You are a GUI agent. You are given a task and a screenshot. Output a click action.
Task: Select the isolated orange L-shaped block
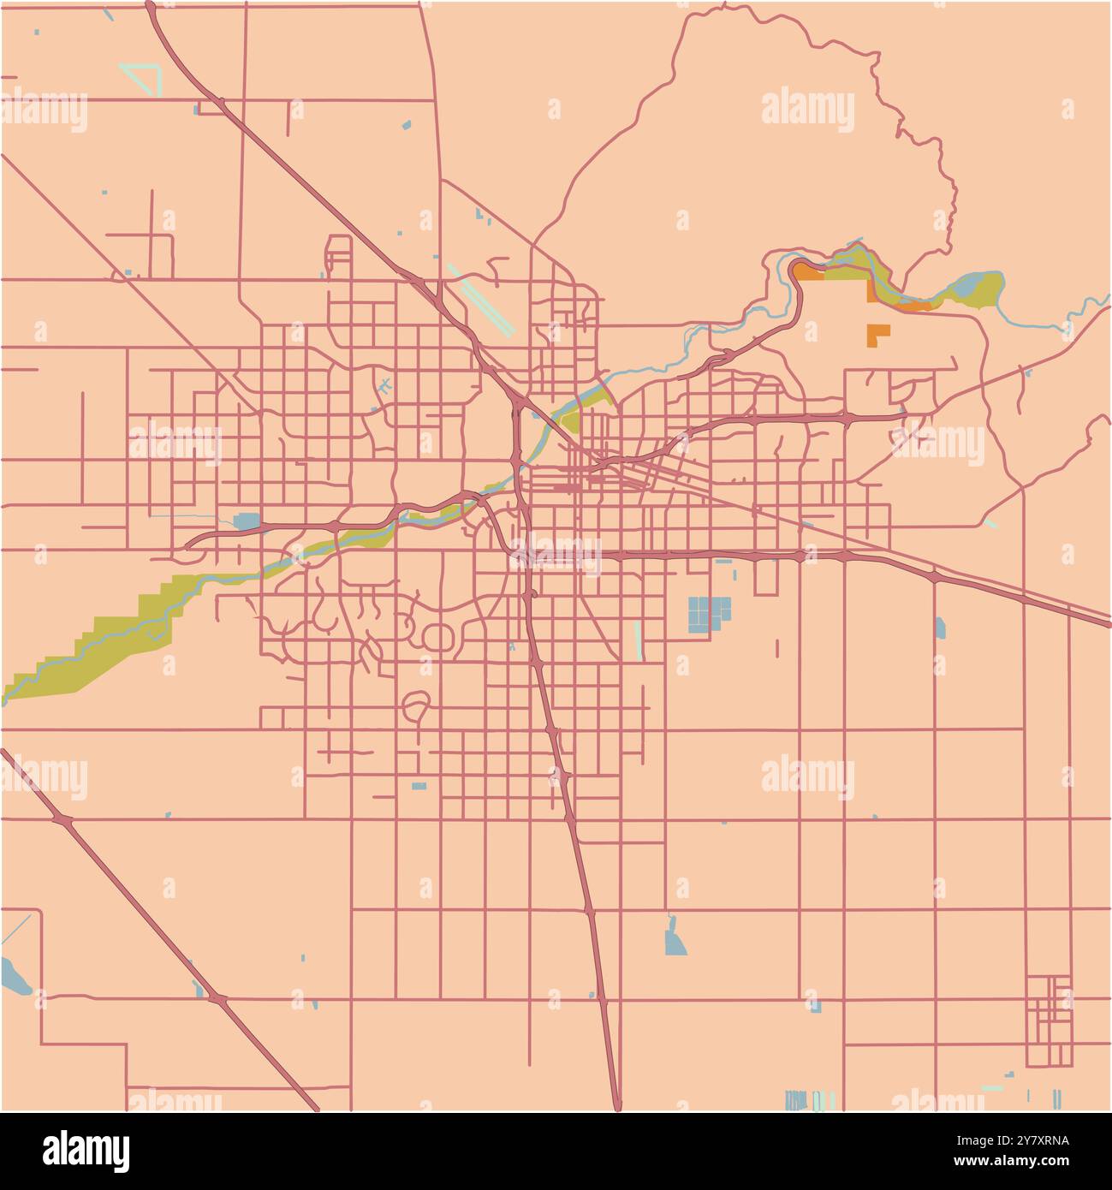877,334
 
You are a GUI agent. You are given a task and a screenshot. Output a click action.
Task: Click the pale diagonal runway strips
481,299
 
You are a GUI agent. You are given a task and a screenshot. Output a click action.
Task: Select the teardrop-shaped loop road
415,706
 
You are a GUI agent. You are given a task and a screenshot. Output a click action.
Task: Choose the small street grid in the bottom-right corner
1050,1020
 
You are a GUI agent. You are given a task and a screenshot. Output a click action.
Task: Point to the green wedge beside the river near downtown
569,419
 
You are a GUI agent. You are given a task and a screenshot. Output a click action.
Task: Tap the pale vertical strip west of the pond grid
637,640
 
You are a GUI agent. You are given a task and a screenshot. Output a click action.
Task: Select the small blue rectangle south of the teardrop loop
419,786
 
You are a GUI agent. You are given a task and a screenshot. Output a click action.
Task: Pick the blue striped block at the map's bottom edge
796,1099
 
